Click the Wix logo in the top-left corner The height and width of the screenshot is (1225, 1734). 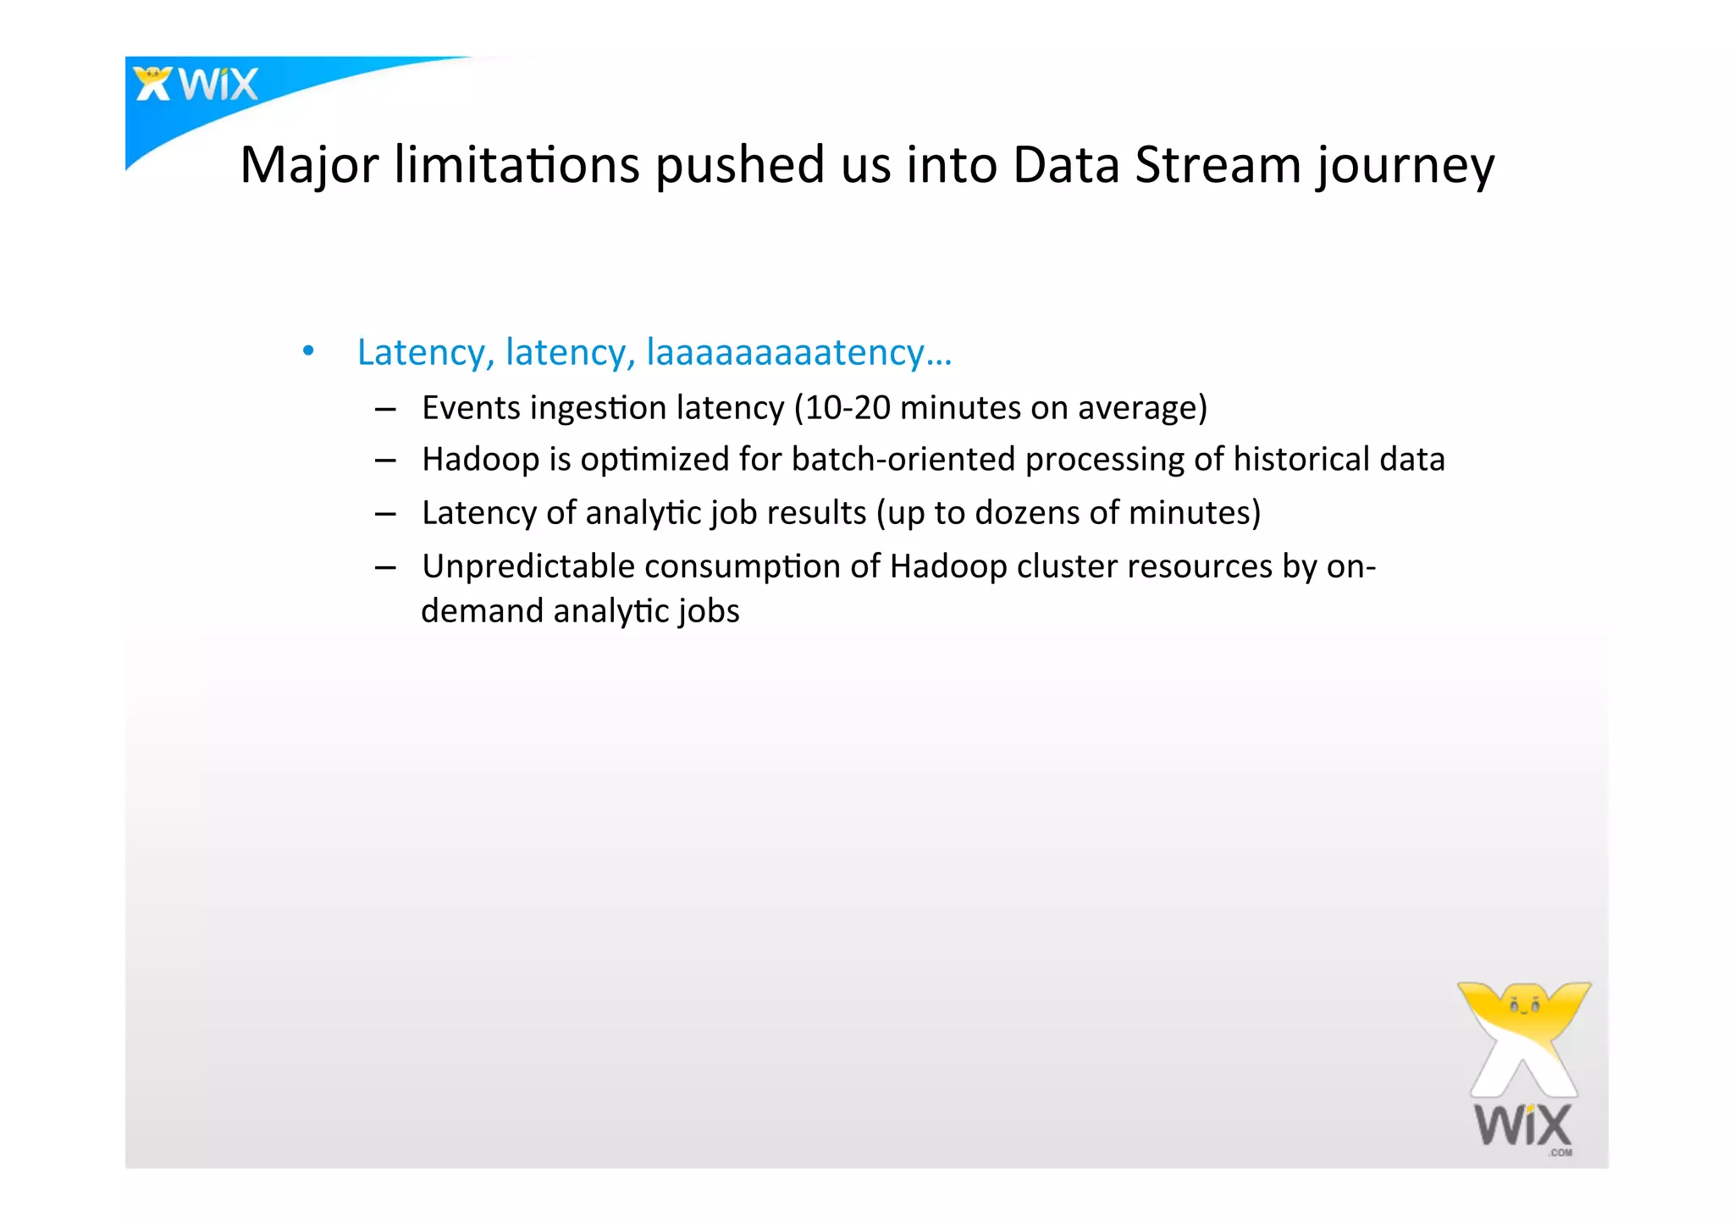point(196,85)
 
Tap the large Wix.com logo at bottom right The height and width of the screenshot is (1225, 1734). point(1523,1068)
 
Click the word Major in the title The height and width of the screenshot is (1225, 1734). point(309,165)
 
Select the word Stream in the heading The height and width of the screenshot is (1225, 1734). point(1218,165)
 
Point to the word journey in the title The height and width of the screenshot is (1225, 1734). point(1405,167)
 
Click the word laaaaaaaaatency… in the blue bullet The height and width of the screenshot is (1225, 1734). point(798,352)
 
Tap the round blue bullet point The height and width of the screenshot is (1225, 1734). point(308,350)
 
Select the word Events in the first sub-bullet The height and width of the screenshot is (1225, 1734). point(471,408)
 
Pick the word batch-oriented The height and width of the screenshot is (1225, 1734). point(903,460)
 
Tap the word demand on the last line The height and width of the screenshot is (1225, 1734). point(482,611)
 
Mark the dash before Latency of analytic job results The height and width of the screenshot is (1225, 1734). point(385,514)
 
